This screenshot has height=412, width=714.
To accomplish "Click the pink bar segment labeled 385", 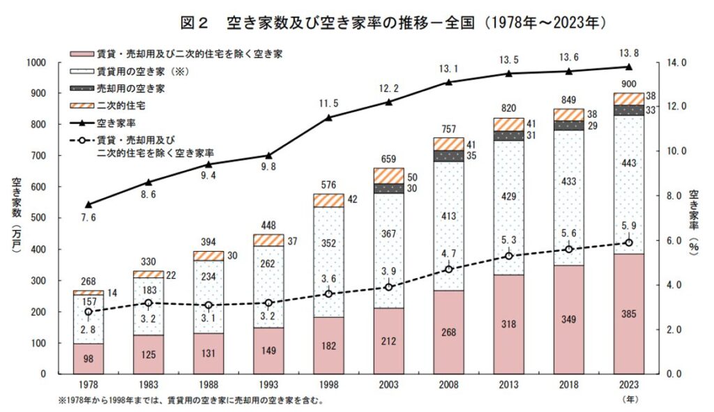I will tap(628, 314).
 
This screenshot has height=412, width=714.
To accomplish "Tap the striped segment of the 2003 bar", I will tap(388, 176).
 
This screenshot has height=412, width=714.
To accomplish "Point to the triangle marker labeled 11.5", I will tap(328, 117).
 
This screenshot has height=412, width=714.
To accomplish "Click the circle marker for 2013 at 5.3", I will tap(508, 256).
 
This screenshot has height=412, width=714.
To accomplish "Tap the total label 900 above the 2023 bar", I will tap(628, 84).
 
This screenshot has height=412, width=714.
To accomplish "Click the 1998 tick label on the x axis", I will tap(328, 384).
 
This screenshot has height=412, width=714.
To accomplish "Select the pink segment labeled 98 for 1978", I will tap(89, 358).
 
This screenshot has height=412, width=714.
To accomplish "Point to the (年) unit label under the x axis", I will tap(628, 399).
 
